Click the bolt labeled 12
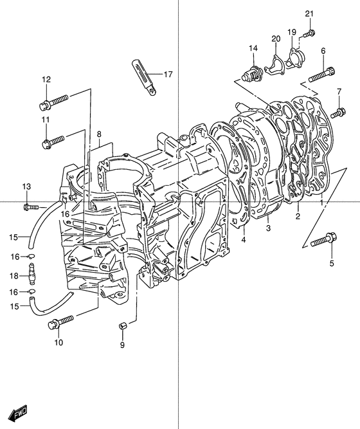tap(53, 102)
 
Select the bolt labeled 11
tap(53, 141)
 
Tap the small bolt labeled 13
tap(32, 207)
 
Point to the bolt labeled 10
tap(60, 322)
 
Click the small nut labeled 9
tap(122, 326)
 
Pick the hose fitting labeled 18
tap(32, 274)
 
